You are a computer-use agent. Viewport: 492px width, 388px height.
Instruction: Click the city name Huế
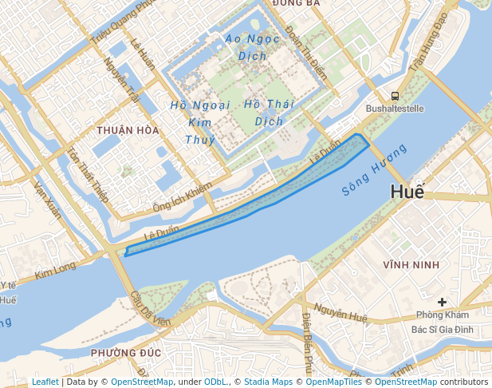coord(407,192)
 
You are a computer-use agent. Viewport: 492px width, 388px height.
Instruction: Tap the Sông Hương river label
coord(374,170)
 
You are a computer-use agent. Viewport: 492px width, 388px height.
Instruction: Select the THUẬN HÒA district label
coord(127,130)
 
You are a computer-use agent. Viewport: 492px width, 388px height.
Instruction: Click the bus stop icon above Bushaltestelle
coord(395,96)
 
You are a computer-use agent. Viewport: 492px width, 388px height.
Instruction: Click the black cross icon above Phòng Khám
coord(442,302)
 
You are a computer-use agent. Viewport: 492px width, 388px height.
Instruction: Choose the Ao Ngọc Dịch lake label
coord(252,47)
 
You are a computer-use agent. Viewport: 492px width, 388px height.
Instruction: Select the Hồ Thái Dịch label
coord(269,113)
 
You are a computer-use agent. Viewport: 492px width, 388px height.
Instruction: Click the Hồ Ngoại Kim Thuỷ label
coord(200,122)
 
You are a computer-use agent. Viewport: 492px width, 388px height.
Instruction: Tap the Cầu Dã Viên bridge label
coord(151,309)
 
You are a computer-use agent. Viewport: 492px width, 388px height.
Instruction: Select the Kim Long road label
coord(55,271)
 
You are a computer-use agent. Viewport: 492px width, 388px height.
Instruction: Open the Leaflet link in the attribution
coord(45,382)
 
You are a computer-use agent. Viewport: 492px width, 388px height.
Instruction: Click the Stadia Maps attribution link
coord(268,382)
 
